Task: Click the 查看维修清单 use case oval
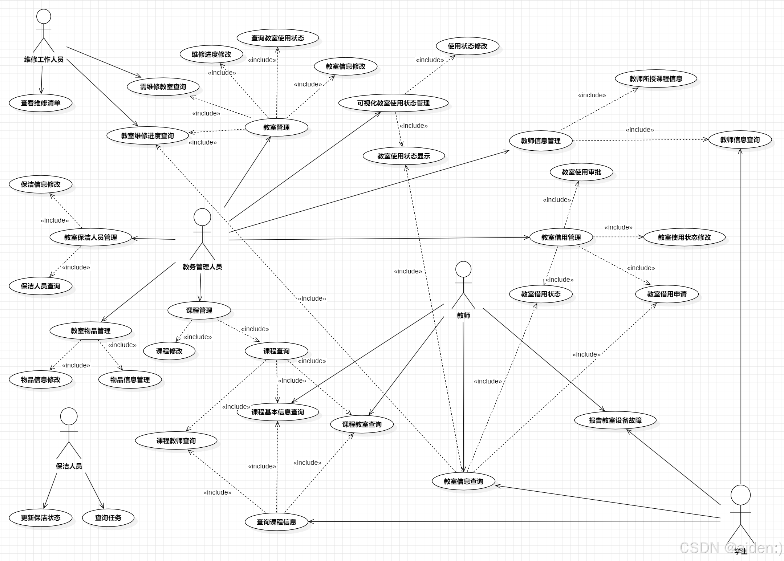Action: [41, 103]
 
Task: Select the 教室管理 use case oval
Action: [276, 127]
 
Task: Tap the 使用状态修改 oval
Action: [467, 46]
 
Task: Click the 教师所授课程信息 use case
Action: [655, 79]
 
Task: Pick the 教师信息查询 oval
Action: [740, 140]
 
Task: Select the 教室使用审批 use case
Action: [581, 172]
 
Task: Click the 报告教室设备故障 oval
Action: [615, 420]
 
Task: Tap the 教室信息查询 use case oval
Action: [463, 481]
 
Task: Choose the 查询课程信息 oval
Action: [276, 522]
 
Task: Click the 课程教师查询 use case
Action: [176, 441]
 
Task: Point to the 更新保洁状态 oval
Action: [41, 518]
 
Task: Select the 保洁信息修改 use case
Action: [41, 184]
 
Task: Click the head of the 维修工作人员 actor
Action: [44, 17]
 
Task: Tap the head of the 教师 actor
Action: [463, 269]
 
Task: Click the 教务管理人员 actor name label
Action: [202, 267]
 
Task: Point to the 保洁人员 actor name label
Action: [69, 466]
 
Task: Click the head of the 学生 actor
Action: [740, 495]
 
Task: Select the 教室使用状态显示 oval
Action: [403, 156]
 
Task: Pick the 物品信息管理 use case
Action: [130, 380]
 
